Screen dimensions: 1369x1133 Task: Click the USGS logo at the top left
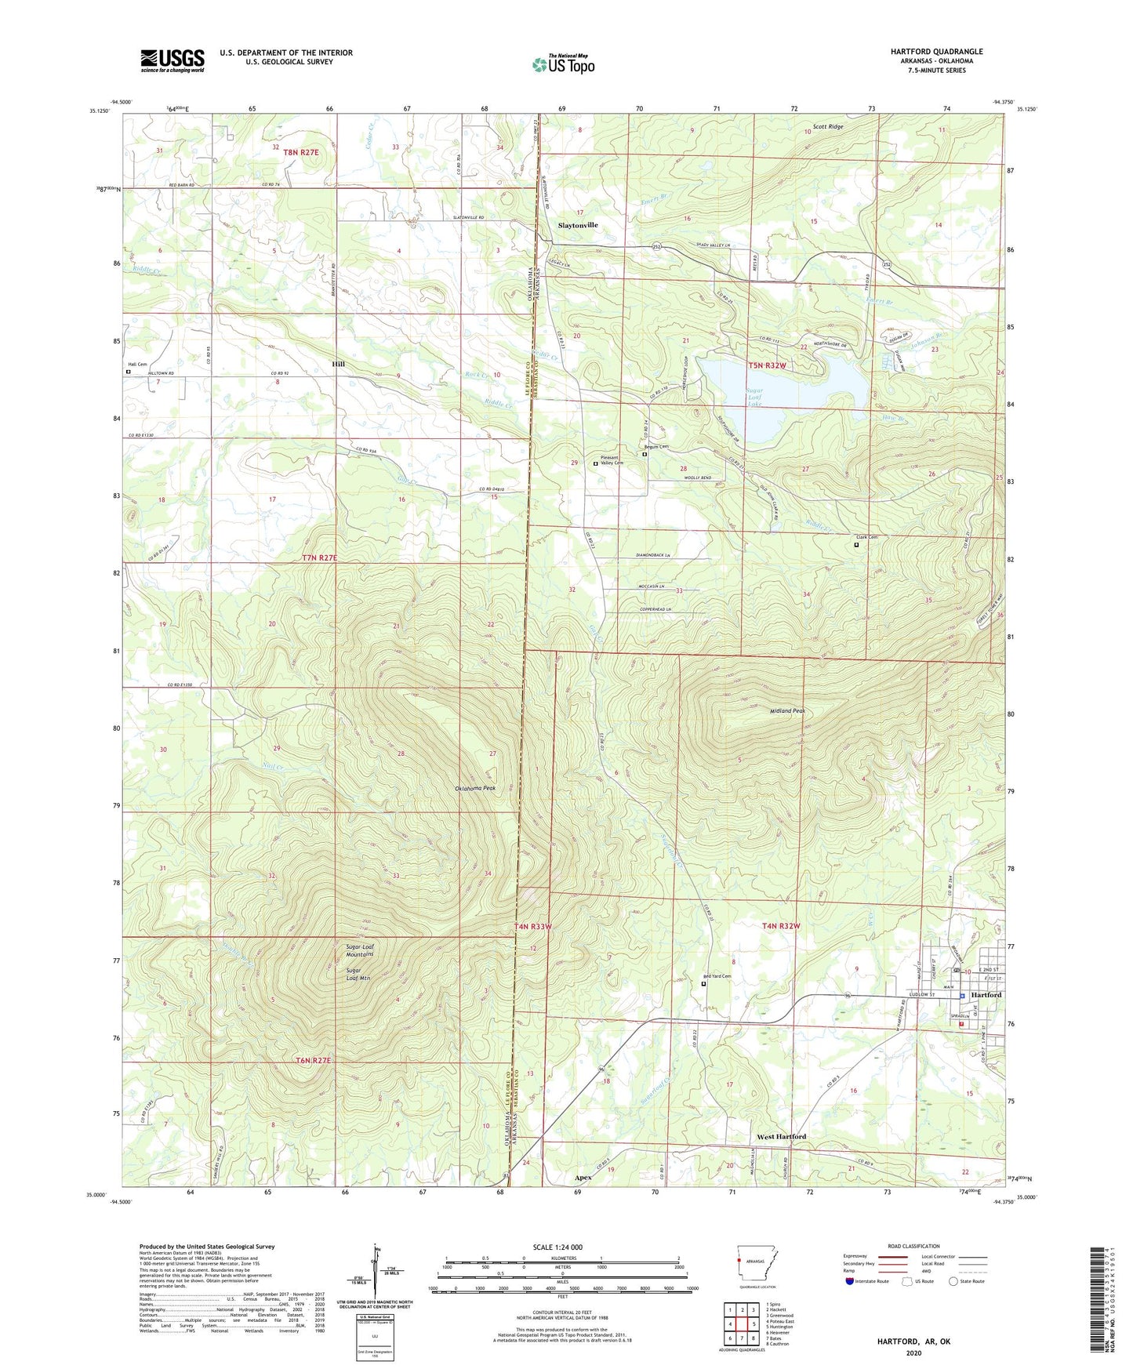(172, 60)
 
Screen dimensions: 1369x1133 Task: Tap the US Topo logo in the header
(563, 64)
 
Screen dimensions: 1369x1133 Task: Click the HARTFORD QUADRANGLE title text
(936, 52)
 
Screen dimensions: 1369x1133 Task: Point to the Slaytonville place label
(578, 225)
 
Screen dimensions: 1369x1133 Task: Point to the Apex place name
(583, 1178)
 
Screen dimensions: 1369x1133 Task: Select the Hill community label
(338, 365)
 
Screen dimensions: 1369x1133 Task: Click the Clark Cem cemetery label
(866, 537)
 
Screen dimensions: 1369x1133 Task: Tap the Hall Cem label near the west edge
(137, 365)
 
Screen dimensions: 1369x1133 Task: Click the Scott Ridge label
(828, 126)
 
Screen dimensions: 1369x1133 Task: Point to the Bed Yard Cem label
(716, 976)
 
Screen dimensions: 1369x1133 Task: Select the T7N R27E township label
(319, 557)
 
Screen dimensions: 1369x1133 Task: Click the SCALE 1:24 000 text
(557, 1247)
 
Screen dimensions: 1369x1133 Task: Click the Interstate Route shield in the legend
(850, 1281)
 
